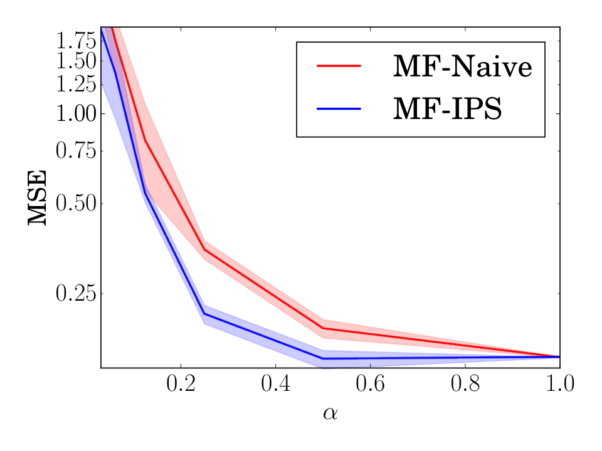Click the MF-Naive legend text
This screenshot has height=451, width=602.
pyautogui.click(x=463, y=66)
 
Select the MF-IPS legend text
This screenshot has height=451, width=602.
pyautogui.click(x=447, y=108)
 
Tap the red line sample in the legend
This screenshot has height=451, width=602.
pyautogui.click(x=339, y=66)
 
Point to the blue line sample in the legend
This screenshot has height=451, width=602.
pyautogui.click(x=339, y=108)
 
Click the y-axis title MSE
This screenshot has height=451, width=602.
pyautogui.click(x=37, y=197)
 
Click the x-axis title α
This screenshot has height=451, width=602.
pyautogui.click(x=330, y=413)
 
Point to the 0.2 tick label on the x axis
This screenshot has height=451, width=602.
pyautogui.click(x=181, y=383)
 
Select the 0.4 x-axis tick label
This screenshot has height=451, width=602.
pyautogui.click(x=276, y=383)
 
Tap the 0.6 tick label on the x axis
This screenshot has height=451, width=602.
pyautogui.click(x=370, y=383)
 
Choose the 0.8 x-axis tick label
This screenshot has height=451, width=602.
pyautogui.click(x=465, y=383)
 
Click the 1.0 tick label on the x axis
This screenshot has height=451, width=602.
pyautogui.click(x=560, y=383)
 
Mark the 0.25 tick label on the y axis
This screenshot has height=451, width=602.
pyautogui.click(x=76, y=294)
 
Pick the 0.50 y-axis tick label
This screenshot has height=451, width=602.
pyautogui.click(x=76, y=203)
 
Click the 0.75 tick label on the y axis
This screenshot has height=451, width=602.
pyautogui.click(x=76, y=151)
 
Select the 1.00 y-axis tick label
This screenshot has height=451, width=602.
pyautogui.click(x=76, y=113)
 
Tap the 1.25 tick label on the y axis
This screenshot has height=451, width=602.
pyautogui.click(x=76, y=85)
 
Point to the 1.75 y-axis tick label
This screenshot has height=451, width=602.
pyautogui.click(x=76, y=41)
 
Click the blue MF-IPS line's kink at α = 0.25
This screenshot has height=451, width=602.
pyautogui.click(x=204, y=314)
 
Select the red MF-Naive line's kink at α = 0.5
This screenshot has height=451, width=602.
pyautogui.click(x=324, y=328)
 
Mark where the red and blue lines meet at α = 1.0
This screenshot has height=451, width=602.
pyautogui.click(x=559, y=356)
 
